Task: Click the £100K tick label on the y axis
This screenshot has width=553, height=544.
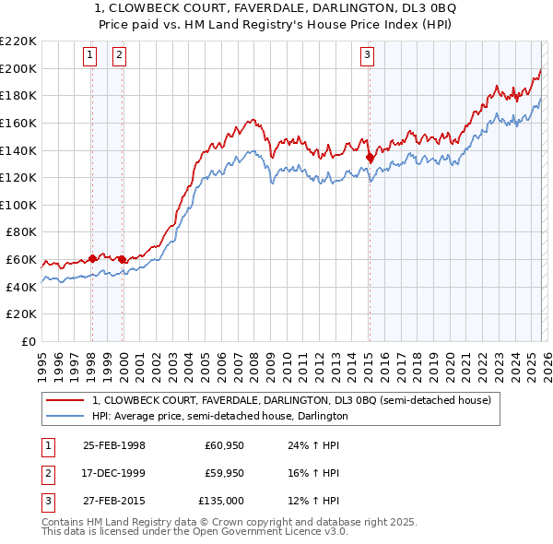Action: click(18, 205)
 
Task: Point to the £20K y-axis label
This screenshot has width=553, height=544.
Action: click(21, 314)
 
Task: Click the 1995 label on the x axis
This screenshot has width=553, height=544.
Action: click(42, 360)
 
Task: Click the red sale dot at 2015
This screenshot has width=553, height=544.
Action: click(370, 158)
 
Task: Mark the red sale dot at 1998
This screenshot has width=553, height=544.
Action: click(92, 258)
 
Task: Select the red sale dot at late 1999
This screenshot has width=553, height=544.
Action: click(123, 259)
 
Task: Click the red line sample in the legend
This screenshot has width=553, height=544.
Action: click(65, 400)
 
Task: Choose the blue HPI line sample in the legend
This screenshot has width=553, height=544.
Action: click(65, 416)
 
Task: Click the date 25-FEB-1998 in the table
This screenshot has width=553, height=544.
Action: click(114, 445)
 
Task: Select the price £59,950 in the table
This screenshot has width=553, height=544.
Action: click(224, 473)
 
